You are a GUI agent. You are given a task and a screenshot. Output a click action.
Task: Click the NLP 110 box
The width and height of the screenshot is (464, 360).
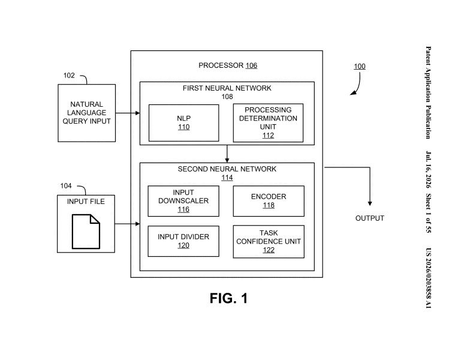[184, 123]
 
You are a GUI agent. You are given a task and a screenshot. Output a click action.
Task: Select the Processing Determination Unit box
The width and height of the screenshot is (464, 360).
[268, 123]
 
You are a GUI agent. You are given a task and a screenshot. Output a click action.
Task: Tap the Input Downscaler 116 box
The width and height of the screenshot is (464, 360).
[183, 201]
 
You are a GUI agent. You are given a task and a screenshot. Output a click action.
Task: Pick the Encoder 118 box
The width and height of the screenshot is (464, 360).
[269, 201]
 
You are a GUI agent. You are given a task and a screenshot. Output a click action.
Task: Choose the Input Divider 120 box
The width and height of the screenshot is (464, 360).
[183, 241]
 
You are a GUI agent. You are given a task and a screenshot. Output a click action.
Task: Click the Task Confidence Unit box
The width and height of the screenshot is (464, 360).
[269, 242]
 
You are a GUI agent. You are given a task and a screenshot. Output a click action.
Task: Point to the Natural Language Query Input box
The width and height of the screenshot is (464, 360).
[87, 113]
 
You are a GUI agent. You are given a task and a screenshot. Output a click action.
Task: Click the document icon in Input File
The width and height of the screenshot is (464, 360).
[86, 232]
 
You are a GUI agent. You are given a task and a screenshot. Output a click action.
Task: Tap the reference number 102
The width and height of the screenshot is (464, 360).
[69, 76]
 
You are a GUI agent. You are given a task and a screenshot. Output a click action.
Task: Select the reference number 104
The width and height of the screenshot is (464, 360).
[66, 185]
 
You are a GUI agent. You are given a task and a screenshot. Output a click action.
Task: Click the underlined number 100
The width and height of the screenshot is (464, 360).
[360, 67]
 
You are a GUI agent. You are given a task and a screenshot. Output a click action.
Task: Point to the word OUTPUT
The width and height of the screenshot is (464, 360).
[370, 218]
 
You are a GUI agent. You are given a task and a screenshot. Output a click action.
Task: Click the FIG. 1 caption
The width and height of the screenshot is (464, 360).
[228, 298]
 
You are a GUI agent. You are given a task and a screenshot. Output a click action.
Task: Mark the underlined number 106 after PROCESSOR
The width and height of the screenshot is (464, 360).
[251, 65]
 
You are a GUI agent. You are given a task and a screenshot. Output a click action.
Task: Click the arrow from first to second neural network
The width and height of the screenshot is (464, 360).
[227, 154]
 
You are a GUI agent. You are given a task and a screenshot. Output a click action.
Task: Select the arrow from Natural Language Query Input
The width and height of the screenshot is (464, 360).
[128, 113]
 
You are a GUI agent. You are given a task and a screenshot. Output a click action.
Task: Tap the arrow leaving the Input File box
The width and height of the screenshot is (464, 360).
[127, 224]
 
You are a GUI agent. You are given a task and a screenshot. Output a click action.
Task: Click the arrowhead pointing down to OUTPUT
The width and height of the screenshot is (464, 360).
[370, 203]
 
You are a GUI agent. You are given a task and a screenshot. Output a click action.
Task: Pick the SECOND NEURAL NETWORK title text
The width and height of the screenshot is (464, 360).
[227, 169]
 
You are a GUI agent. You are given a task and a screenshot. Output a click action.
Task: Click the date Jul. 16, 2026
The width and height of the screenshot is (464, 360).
[428, 170]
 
